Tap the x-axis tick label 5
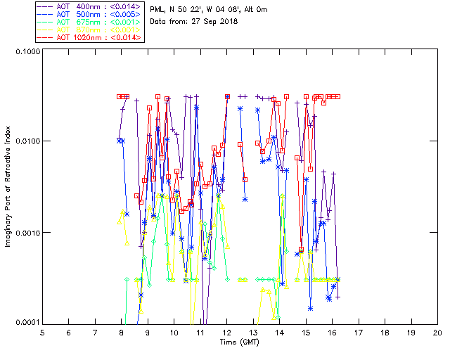point(42,333)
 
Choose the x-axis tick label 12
point(226,333)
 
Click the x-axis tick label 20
point(437,333)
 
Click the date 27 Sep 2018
point(217,22)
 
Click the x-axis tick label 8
point(122,333)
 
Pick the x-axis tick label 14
point(279,333)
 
